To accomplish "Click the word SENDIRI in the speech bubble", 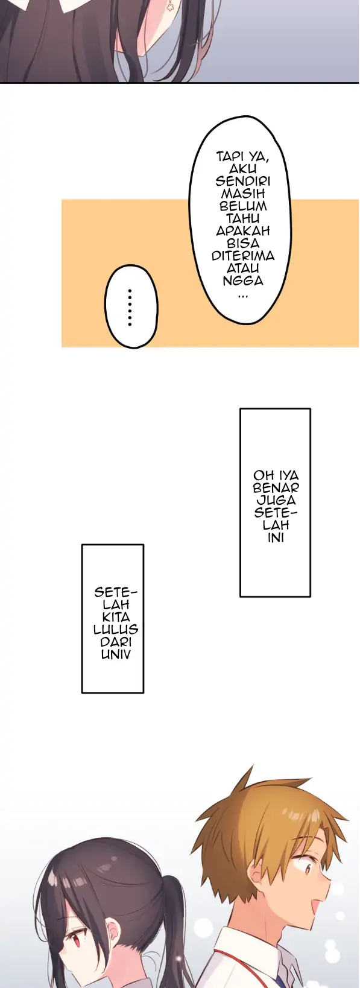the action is (243, 182).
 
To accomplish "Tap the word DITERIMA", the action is (243, 256).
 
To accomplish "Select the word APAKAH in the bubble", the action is (243, 231).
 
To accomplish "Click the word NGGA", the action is (243, 280).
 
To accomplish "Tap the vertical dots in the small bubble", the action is (130, 308).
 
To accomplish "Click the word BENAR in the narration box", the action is (276, 488).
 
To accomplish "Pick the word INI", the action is (276, 537).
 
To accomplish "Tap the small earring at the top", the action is (169, 6).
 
